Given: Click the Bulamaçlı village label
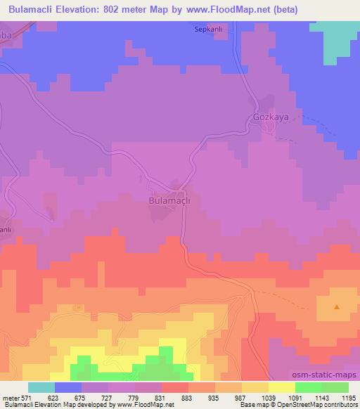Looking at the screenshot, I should (171, 200).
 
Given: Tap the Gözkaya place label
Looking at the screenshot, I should (271, 117).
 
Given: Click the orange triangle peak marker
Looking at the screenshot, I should (336, 306).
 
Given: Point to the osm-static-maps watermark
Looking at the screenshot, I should (326, 375).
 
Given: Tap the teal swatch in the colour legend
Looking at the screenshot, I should (41, 387).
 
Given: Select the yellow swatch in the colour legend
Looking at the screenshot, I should (281, 387).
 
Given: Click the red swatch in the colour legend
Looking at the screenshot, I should (175, 387).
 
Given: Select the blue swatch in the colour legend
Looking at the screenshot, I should (68, 387).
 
